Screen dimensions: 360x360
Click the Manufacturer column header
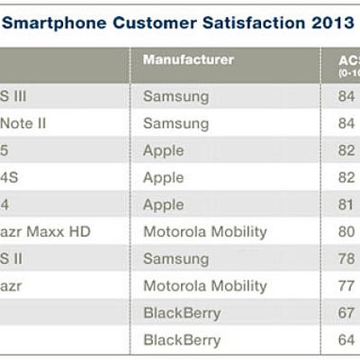click(188, 60)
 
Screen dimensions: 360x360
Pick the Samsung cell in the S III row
click(175, 95)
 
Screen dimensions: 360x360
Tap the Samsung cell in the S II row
click(175, 258)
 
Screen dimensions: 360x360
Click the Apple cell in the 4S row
click(163, 177)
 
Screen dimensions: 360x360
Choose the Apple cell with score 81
click(163, 204)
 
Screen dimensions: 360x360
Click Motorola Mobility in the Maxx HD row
click(205, 231)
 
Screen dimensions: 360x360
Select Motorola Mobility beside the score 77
click(205, 285)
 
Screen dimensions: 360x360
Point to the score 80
click(338, 231)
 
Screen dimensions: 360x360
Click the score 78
click(338, 258)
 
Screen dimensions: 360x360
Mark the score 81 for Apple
click(338, 204)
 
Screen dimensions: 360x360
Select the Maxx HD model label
click(45, 231)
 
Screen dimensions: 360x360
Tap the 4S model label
click(9, 177)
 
